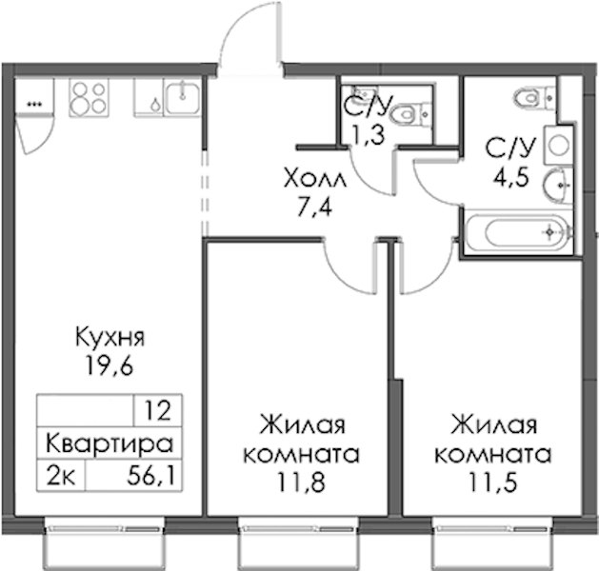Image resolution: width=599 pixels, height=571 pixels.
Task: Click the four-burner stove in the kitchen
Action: pos(89,97)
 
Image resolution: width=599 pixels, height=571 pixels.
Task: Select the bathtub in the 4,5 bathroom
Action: pos(519,232)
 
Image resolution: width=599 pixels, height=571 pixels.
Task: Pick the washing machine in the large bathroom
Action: pos(559,145)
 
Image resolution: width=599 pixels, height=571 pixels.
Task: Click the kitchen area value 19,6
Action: pos(110,366)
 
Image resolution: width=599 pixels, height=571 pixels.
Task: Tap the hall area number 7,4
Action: pos(315,208)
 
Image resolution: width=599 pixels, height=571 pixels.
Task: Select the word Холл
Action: pos(315,179)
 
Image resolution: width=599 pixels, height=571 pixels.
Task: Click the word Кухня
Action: pos(110,338)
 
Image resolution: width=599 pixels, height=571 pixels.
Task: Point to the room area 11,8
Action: pos(302,482)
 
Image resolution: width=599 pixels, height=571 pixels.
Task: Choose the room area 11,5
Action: pos(493,482)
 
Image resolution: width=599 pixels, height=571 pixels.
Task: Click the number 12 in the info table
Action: pos(158,411)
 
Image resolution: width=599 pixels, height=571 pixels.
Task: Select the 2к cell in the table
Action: pos(61,477)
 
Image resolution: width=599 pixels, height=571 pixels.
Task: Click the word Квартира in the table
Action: pos(110,443)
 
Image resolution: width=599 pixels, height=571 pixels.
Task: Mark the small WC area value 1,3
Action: pos(368,135)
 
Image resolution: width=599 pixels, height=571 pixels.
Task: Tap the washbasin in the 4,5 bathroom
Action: pos(558,186)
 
